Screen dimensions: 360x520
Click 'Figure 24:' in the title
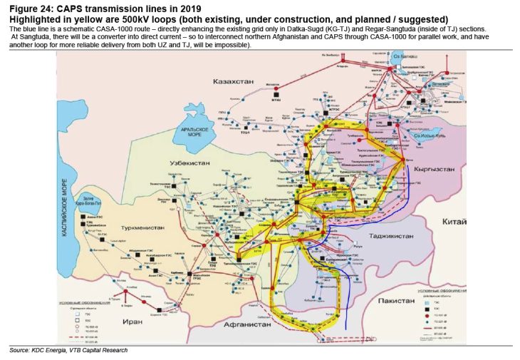pos(31,8)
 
